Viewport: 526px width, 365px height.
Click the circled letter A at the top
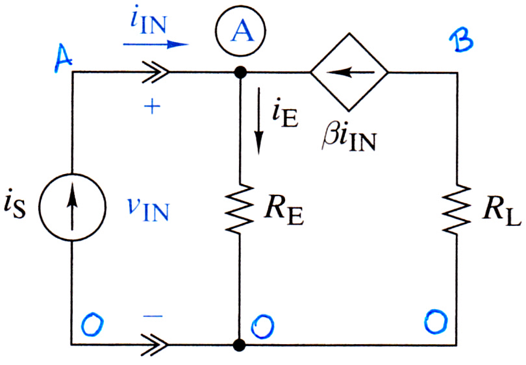point(240,31)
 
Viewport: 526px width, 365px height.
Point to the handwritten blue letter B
point(461,40)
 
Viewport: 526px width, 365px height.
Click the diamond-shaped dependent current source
point(349,72)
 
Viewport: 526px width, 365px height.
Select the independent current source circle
point(72,207)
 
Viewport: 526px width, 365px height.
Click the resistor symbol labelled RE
point(240,208)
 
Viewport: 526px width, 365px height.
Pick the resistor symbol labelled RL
point(457,208)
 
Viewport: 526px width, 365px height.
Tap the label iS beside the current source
point(15,206)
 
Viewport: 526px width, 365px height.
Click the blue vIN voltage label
point(149,209)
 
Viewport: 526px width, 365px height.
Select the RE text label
point(284,212)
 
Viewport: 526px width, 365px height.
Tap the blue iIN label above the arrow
point(149,23)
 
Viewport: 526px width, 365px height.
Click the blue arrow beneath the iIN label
point(155,44)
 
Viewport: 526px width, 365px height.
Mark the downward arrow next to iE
point(258,121)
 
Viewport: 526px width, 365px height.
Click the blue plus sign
point(153,107)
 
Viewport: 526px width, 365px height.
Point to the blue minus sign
point(153,316)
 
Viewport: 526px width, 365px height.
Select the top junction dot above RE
point(240,72)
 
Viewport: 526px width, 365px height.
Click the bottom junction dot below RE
point(240,344)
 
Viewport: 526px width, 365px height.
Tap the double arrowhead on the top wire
point(155,72)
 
